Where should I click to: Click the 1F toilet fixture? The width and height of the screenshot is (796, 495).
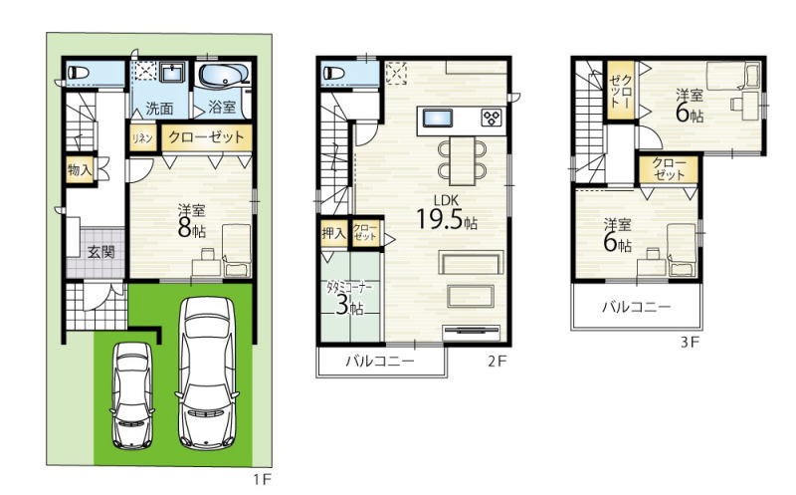(x=80, y=72)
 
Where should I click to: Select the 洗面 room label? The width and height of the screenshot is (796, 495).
(x=159, y=109)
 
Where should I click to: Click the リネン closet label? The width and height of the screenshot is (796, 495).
(x=142, y=138)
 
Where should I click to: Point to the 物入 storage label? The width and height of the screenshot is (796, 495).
(x=80, y=169)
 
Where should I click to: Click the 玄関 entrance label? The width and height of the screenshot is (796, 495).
(x=101, y=252)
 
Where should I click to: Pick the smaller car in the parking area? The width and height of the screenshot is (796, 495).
(x=132, y=394)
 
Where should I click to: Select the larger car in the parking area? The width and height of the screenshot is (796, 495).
(x=208, y=373)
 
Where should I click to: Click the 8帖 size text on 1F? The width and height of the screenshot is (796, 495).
(x=191, y=230)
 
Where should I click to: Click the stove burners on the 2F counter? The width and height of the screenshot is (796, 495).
(x=492, y=119)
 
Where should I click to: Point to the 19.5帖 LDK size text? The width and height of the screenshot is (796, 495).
(x=446, y=219)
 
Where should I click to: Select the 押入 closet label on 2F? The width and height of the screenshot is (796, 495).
(x=333, y=233)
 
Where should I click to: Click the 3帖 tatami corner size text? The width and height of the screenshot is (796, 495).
(x=349, y=307)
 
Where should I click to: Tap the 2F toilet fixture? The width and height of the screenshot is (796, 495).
(x=334, y=72)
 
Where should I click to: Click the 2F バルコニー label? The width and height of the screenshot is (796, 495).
(x=380, y=362)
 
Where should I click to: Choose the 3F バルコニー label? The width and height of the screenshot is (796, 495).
(x=637, y=307)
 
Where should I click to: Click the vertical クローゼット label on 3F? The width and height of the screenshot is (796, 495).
(x=621, y=91)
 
